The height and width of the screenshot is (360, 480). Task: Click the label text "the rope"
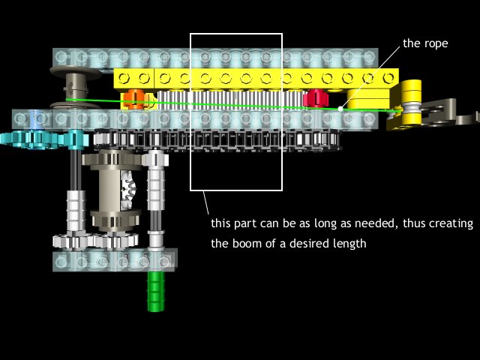425,43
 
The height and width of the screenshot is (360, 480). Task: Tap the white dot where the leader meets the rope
340,108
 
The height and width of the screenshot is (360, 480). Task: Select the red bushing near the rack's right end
316,98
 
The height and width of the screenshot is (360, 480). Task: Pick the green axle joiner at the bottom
156,291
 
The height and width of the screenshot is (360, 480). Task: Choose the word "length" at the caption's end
351,244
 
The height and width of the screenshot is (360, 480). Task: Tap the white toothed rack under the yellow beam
232,100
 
